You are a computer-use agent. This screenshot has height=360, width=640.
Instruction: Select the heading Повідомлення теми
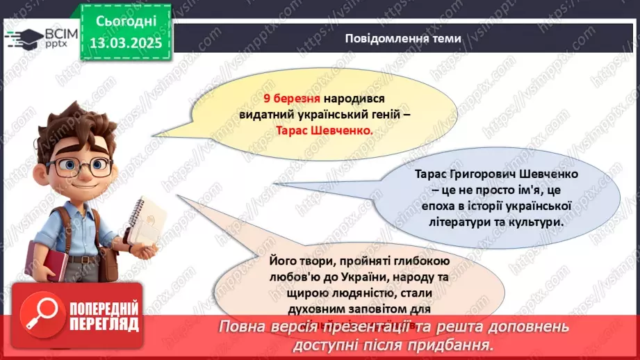402,38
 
